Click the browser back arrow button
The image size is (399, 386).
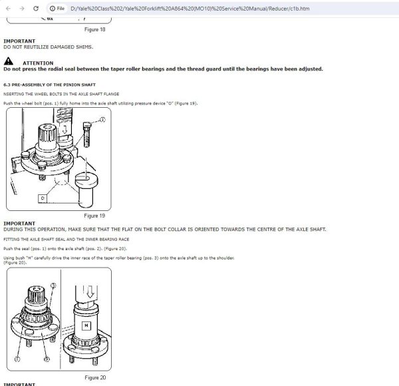[7, 9]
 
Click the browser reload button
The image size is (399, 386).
[38, 9]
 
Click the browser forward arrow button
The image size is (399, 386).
[22, 9]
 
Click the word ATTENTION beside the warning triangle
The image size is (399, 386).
[37, 63]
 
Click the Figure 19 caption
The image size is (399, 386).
[94, 216]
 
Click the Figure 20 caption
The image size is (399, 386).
[94, 377]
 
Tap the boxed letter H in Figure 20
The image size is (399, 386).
[86, 325]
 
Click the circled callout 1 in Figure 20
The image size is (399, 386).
[17, 359]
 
